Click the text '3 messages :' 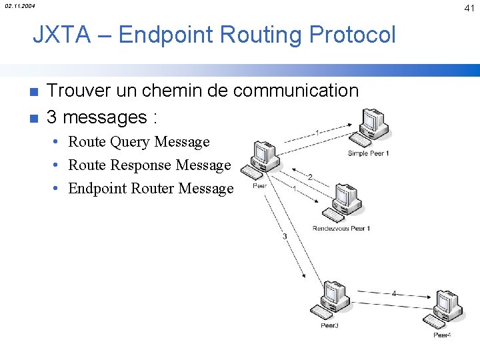(102, 117)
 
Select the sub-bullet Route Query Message (139, 141)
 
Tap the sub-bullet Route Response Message (149, 165)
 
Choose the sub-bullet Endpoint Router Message (151, 189)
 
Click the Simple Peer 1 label (368, 153)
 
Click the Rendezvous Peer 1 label (341, 229)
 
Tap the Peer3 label (329, 325)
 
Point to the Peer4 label (442, 335)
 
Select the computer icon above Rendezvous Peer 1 (340, 203)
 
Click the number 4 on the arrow (394, 293)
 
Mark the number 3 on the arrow (285, 237)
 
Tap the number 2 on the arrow (309, 177)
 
